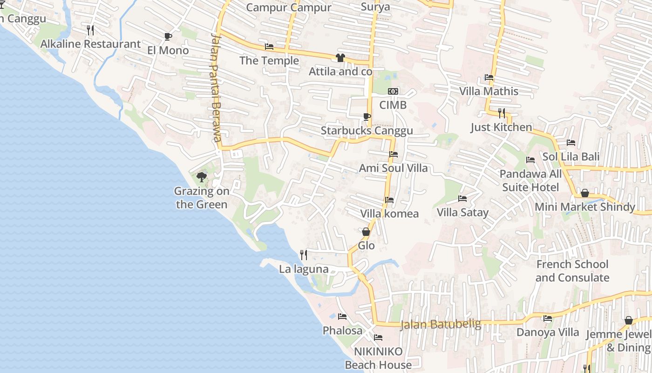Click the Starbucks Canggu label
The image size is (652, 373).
click(x=367, y=131)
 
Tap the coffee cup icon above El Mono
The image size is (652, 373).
click(x=168, y=36)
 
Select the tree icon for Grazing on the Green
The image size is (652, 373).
click(x=201, y=177)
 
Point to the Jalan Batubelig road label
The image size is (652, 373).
click(x=441, y=324)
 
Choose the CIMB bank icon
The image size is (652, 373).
click(x=393, y=91)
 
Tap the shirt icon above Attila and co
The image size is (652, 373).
click(x=340, y=58)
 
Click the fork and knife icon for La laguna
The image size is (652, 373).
click(x=304, y=255)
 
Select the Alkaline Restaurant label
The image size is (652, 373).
click(x=90, y=44)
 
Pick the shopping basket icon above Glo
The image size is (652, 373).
click(x=366, y=231)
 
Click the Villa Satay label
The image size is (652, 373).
click(x=462, y=213)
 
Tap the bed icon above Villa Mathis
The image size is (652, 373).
click(x=489, y=77)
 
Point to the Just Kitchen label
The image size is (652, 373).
click(x=501, y=127)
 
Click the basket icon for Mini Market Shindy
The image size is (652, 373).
click(x=585, y=193)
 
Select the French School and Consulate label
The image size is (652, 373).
click(x=572, y=271)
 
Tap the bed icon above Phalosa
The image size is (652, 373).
click(x=342, y=317)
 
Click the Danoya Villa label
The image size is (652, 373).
click(x=548, y=332)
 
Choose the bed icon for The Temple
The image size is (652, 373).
click(x=269, y=47)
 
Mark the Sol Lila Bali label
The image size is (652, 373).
click(x=571, y=157)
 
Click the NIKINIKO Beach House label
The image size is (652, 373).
click(x=378, y=358)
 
